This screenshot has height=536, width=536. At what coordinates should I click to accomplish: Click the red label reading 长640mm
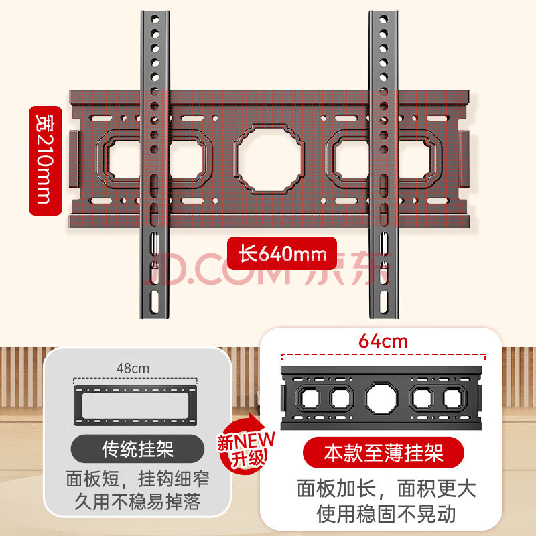tap(282, 253)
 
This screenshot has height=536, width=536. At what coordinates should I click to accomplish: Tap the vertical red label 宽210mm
tap(46, 161)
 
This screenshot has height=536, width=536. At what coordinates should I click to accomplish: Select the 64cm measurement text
tap(383, 341)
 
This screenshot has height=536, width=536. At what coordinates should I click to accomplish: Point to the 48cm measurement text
tap(133, 368)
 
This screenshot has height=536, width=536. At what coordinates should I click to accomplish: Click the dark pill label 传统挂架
tap(138, 449)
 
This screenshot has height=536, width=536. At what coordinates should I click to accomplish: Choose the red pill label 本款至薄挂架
tap(383, 453)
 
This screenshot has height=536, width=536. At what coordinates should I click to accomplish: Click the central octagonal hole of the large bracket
tap(269, 159)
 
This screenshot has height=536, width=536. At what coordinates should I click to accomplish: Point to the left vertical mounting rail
tap(155, 164)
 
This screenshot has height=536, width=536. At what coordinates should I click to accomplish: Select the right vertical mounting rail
tap(383, 164)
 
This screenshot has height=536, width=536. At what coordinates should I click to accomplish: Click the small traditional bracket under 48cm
tap(135, 405)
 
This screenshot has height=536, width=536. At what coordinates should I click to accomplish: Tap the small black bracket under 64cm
tap(381, 398)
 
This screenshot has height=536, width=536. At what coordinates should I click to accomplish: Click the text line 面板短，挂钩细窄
tap(138, 478)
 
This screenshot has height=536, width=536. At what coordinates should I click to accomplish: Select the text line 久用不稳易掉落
tap(138, 502)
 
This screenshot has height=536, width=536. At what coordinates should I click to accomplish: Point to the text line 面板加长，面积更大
tap(387, 489)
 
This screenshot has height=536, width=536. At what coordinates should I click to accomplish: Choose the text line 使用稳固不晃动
tap(387, 514)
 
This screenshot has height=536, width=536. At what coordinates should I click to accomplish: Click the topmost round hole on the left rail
tap(155, 19)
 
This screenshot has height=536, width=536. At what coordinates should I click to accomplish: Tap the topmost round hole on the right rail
tap(383, 19)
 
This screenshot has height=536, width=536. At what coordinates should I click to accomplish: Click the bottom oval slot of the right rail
tap(383, 301)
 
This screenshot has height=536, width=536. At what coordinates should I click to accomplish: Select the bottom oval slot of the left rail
tap(155, 301)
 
